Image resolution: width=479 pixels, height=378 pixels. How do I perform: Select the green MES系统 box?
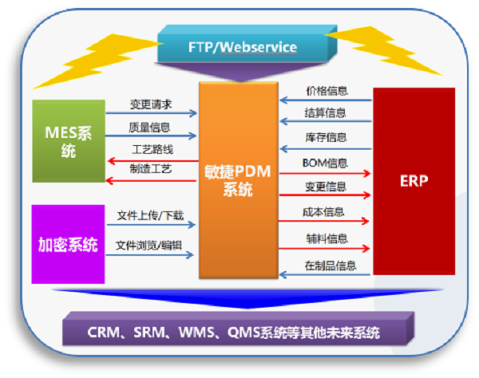pyautogui.click(x=69, y=141)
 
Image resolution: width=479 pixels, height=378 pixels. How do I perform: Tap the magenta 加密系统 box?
pyautogui.click(x=68, y=244)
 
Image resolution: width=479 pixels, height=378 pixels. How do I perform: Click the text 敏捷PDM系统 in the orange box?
pyautogui.click(x=238, y=180)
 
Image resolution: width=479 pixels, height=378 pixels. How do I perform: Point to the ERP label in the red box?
pyautogui.click(x=414, y=181)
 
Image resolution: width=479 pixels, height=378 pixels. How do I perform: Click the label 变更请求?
pyautogui.click(x=151, y=104)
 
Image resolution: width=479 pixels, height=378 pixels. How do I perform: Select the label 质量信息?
pyautogui.click(x=149, y=128)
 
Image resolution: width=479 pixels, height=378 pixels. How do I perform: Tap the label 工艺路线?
pyautogui.click(x=152, y=149)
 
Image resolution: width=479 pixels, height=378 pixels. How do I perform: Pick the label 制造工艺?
pyautogui.click(x=151, y=169)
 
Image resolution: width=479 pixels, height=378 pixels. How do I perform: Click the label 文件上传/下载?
pyautogui.click(x=150, y=215)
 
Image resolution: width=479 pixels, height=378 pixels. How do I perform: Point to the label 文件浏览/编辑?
pyautogui.click(x=148, y=246)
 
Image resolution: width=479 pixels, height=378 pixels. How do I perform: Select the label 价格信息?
pyautogui.click(x=327, y=91)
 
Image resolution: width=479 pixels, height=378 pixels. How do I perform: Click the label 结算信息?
pyautogui.click(x=325, y=113)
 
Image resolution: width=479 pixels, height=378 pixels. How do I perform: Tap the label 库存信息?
pyautogui.click(x=326, y=137)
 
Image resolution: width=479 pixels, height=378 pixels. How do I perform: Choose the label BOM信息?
pyautogui.click(x=325, y=163)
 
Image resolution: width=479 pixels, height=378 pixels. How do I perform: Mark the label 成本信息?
pyautogui.click(x=323, y=212)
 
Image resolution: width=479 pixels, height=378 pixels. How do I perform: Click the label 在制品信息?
pyautogui.click(x=331, y=266)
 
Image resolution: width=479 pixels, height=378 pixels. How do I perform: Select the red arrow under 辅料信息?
pyautogui.click(x=324, y=249)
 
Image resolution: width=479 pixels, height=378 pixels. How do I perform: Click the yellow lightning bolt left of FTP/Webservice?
pyautogui.click(x=97, y=61)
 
